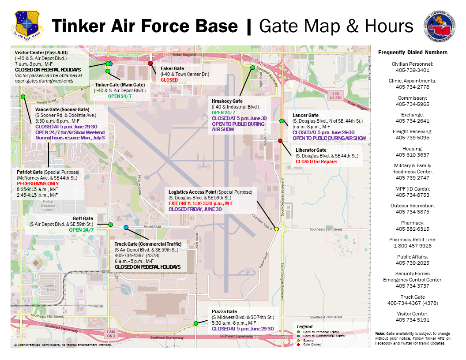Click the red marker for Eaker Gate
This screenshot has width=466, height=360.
150,63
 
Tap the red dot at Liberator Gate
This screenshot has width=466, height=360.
280,141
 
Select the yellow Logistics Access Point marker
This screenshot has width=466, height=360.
276,229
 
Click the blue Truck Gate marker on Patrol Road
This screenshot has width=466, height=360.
126,227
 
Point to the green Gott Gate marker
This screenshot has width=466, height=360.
110,225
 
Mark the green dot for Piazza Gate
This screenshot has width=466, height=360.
196,323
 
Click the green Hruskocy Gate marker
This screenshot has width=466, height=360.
252,67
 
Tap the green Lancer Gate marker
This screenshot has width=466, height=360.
282,121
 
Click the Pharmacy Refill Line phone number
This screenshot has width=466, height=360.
413,246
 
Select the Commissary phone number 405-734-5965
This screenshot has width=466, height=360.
413,104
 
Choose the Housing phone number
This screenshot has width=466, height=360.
413,155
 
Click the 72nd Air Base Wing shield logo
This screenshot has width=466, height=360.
27,25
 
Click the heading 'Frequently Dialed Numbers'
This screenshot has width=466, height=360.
413,52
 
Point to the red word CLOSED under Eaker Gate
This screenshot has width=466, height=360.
169,80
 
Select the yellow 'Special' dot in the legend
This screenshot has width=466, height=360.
298,340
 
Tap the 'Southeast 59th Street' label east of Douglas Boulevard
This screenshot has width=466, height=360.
326,229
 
